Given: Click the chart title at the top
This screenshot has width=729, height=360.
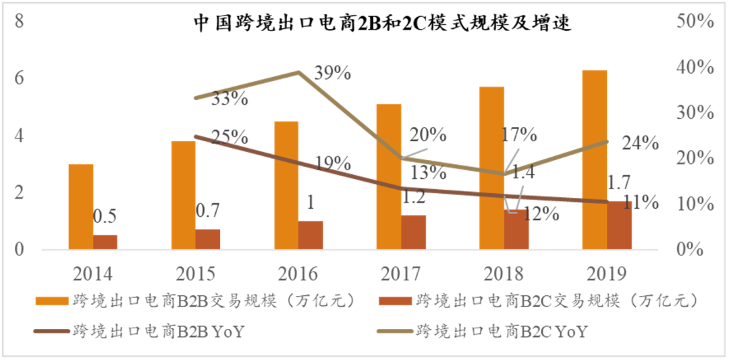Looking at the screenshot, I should [x=382, y=24].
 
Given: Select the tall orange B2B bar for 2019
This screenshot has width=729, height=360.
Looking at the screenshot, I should [x=595, y=159].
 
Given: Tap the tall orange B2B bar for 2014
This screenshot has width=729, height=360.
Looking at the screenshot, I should [x=81, y=207].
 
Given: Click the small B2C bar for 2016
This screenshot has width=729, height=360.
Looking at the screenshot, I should [x=310, y=235].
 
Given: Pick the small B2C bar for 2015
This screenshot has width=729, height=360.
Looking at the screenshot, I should [x=208, y=239].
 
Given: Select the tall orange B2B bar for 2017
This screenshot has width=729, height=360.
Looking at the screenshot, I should [x=389, y=176].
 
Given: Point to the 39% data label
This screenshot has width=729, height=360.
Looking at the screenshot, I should [x=331, y=73].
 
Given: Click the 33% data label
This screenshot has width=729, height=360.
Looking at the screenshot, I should [x=229, y=99].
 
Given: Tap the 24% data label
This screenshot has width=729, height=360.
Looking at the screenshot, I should [x=640, y=143].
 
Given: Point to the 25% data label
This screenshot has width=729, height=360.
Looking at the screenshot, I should [x=228, y=137].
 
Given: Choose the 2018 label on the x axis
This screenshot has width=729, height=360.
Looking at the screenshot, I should [x=503, y=274].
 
